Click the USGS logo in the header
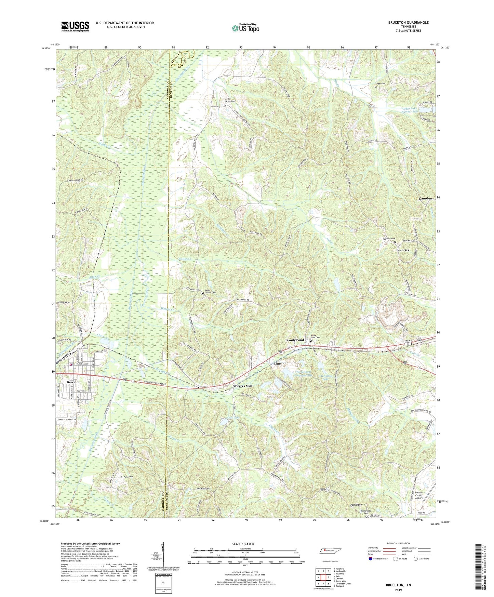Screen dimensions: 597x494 (75, 26)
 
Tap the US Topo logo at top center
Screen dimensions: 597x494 (245, 28)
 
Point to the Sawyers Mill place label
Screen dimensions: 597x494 (242, 386)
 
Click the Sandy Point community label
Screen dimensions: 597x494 (295, 340)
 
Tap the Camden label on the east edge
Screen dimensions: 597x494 (426, 198)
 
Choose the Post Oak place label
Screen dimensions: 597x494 (403, 250)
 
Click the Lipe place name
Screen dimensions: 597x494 (277, 363)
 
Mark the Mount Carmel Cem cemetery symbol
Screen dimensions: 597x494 (202, 293)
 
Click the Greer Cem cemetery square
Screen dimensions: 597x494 (375, 87)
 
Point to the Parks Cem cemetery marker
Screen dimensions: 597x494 (121, 477)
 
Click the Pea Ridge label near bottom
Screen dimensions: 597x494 (356, 505)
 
